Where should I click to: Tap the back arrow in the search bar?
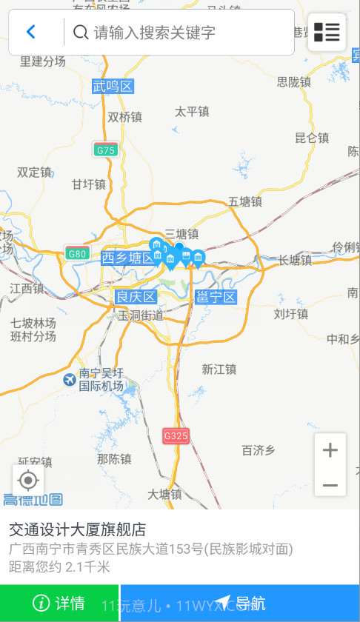pos(31,32)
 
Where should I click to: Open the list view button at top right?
pos(327,32)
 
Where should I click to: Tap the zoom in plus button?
pos(330,449)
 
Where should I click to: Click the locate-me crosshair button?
pos(28,481)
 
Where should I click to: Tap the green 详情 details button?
pos(59,603)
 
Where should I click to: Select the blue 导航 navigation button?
pos(240,603)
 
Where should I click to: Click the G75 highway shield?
pos(106,150)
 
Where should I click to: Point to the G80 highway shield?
pos(77,253)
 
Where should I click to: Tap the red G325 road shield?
pos(176,435)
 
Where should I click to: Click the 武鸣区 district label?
pos(113,87)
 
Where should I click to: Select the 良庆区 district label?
pos(136,297)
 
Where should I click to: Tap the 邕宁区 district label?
pos(216,297)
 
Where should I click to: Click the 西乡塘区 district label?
pos(128,258)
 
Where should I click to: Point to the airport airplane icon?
pos(70,380)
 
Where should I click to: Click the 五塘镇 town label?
pos(245,201)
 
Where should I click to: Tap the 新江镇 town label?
pos(219,369)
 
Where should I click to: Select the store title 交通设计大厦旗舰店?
pos(77,529)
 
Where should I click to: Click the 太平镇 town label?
pos(192,112)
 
